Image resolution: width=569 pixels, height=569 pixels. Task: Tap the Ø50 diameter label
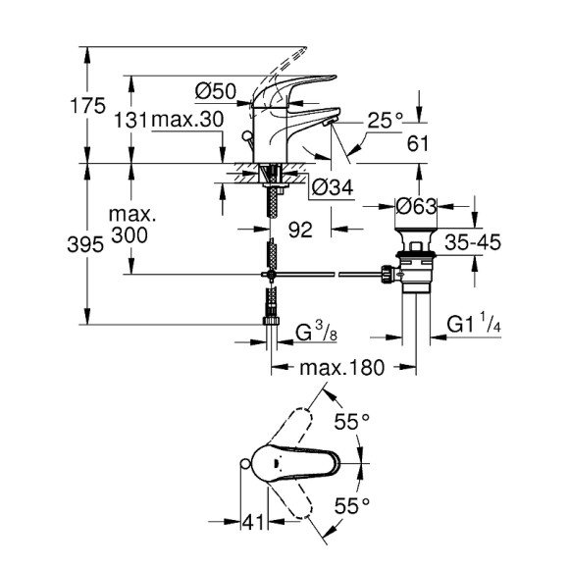point(216,91)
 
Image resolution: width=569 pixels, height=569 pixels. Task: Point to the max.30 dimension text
point(185,120)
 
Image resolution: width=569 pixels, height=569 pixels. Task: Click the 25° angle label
point(387,120)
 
